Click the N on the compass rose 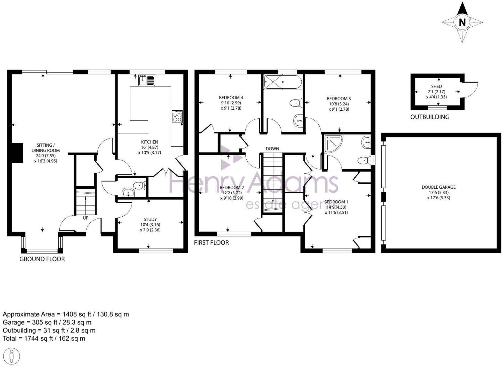pos(462,22)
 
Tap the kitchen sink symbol pos(147,80)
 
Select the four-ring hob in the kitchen pos(177,116)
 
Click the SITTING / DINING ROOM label pos(46,153)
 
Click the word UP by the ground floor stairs pos(85,218)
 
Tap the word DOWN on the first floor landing pos(272,149)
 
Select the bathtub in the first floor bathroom pos(283,82)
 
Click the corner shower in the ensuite pos(333,143)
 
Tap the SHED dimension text pos(436,94)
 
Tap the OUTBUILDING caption pos(430,117)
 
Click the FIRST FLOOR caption pos(211,242)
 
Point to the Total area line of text pos(44,338)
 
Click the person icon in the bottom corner pos(11,356)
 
